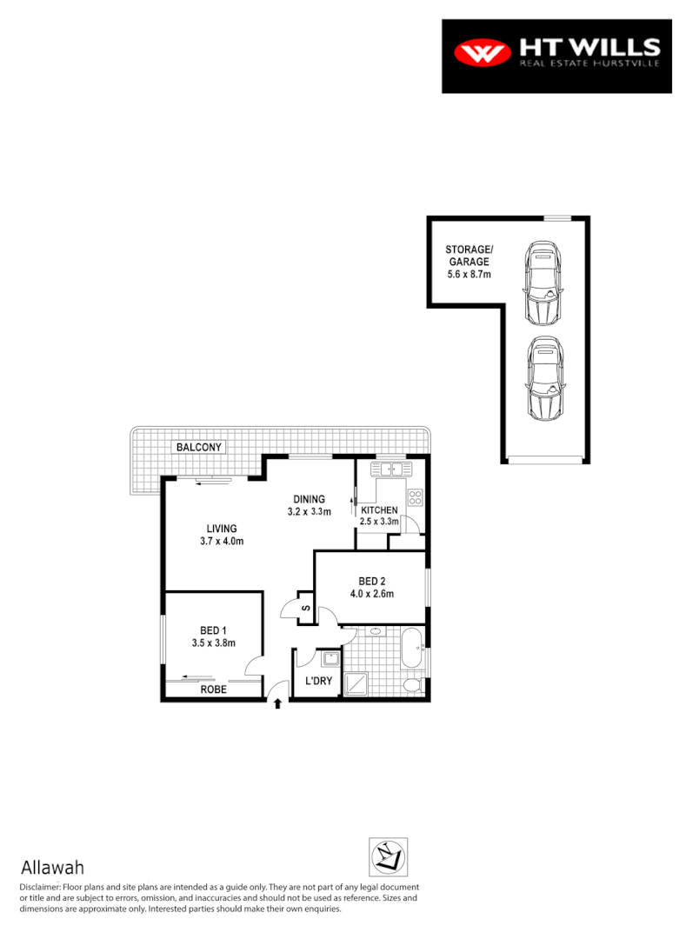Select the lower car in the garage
(545, 378)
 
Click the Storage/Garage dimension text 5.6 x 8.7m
(470, 274)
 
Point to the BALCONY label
(199, 447)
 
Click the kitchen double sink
(391, 469)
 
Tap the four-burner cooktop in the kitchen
(416, 498)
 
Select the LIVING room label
(222, 528)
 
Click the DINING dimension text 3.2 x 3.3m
(310, 512)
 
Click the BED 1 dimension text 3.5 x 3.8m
(214, 643)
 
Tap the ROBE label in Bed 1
(214, 689)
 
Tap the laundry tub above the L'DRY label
(330, 657)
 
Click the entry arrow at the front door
(277, 703)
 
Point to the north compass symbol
(387, 857)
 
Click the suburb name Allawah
(52, 868)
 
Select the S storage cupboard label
(305, 608)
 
